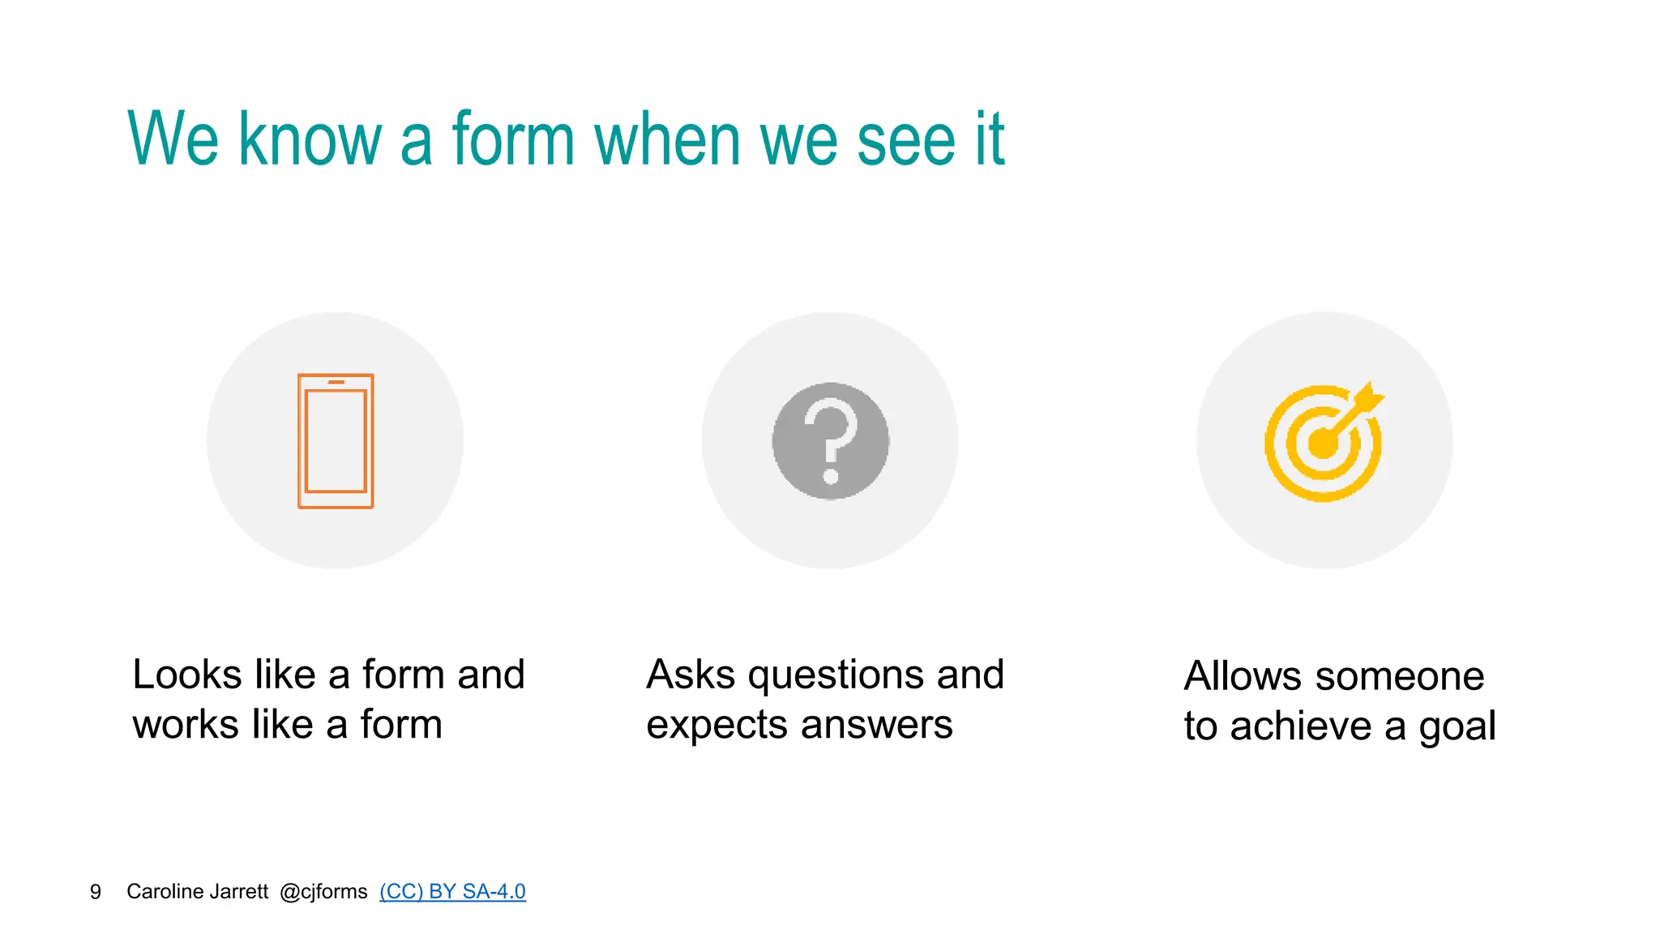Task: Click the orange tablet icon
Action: tap(336, 441)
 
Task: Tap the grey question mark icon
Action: tap(830, 441)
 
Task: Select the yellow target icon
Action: tap(1324, 443)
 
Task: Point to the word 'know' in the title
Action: tap(310, 139)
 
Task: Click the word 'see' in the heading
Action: tap(906, 139)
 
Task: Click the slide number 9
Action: tap(96, 892)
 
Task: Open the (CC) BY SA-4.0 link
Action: tap(452, 892)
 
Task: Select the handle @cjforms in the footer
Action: tap(323, 892)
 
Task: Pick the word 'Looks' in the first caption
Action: tap(187, 675)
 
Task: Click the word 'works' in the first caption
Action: tap(186, 725)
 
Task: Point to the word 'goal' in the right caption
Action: tap(1457, 726)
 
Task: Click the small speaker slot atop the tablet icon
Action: tap(336, 382)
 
